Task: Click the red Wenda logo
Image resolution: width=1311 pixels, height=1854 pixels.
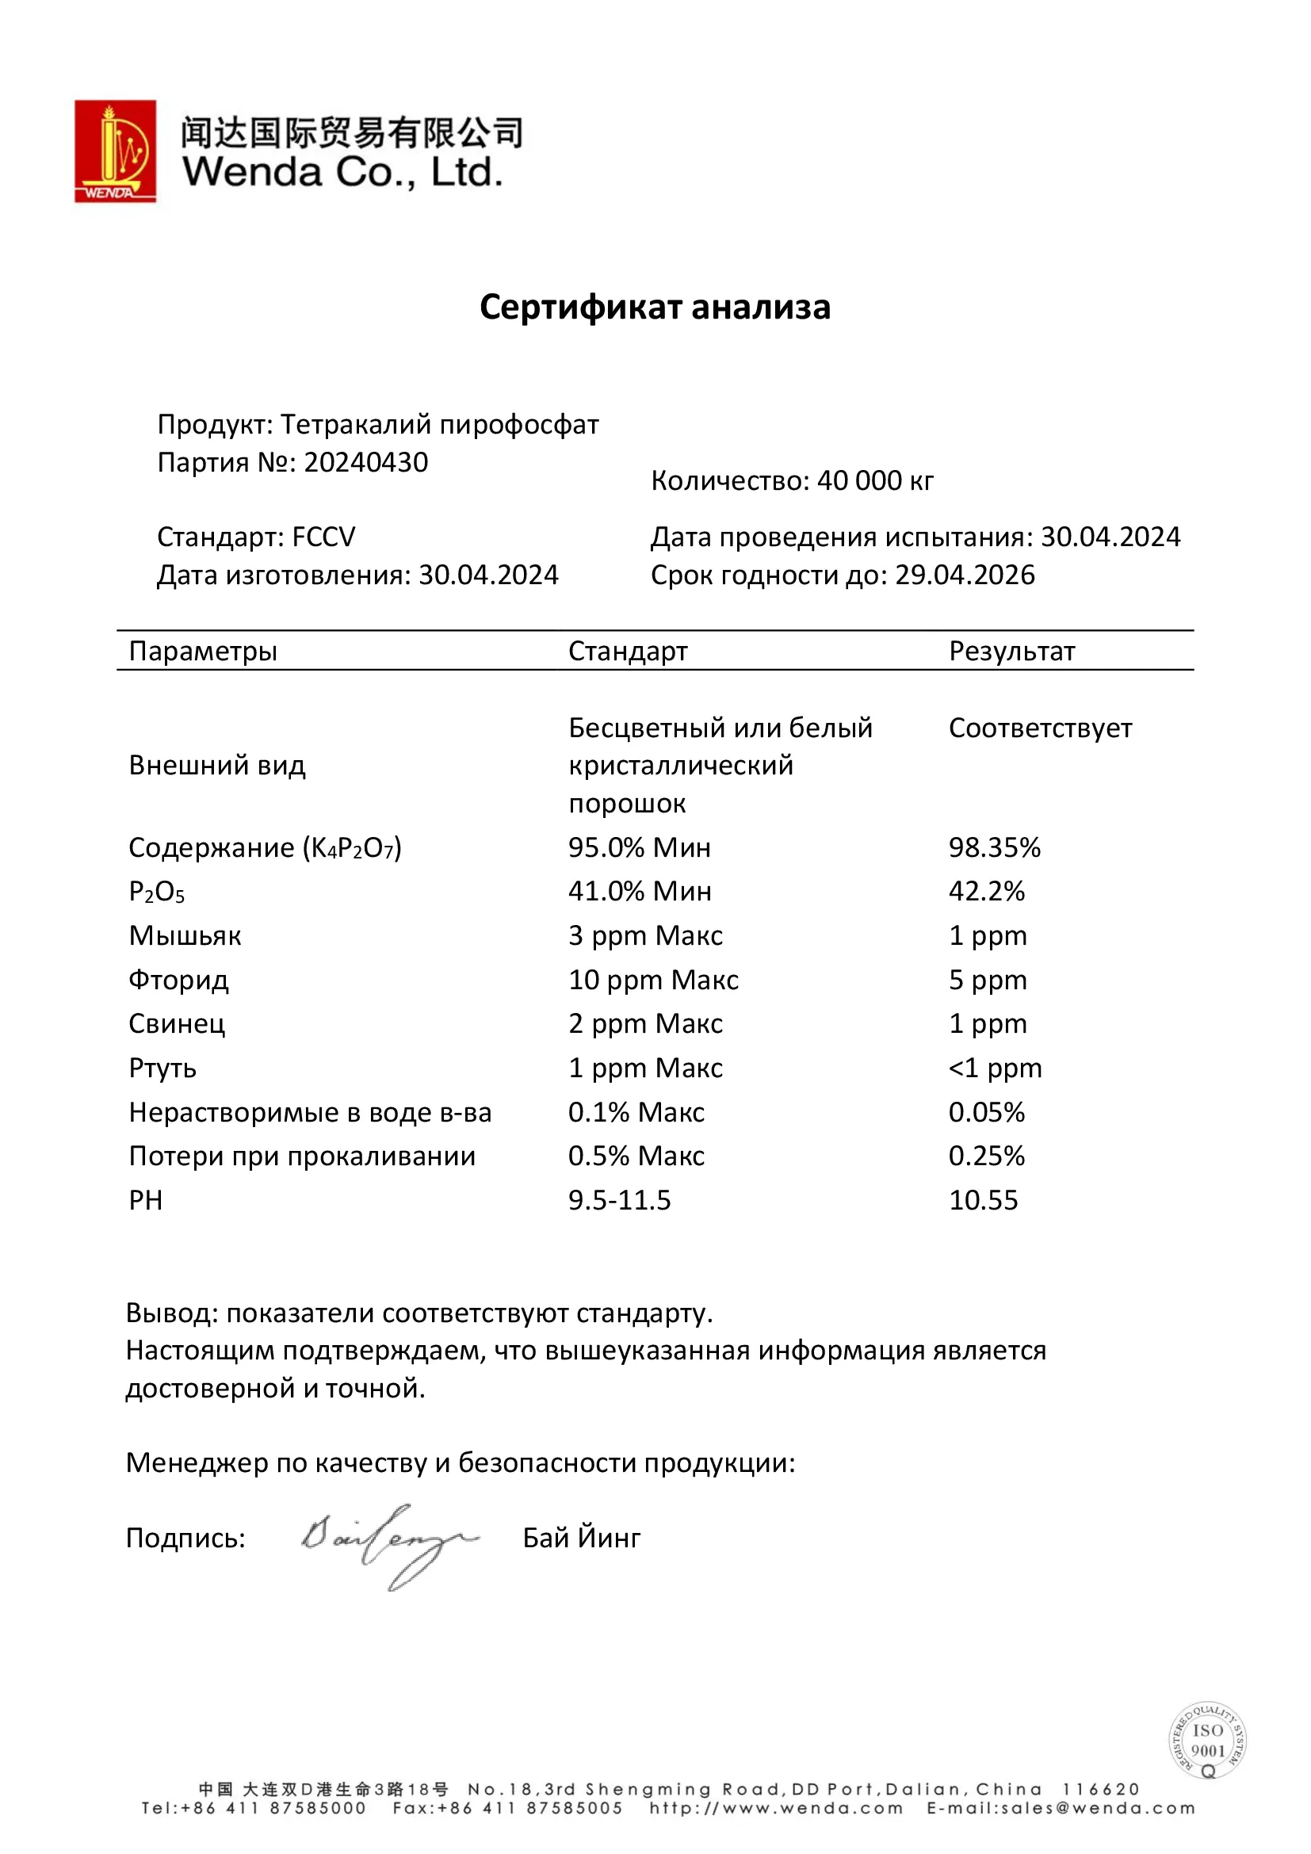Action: pos(116,151)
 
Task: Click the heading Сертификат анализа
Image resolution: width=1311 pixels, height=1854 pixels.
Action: pos(655,308)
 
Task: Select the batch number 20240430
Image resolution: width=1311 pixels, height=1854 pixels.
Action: pos(365,463)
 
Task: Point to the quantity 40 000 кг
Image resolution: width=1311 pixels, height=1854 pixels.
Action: pos(875,481)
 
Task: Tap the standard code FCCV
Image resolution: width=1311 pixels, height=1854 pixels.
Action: pos(323,537)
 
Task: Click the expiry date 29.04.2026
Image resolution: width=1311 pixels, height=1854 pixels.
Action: pos(965,575)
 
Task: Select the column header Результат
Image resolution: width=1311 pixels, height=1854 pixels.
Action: pos(1011,651)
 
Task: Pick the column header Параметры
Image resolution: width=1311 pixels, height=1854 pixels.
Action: pos(203,651)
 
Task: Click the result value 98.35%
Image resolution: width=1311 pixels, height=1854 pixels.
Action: pos(995,847)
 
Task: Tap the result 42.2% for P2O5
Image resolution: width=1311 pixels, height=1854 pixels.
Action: pos(987,892)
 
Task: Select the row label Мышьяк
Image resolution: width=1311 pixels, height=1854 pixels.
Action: pos(185,936)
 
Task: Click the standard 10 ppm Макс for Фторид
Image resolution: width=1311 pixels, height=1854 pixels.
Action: pos(653,981)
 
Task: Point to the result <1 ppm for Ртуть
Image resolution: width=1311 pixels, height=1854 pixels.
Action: pos(996,1068)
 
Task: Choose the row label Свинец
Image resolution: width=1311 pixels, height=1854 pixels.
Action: pos(177,1024)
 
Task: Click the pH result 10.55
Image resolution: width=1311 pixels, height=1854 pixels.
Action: pos(983,1201)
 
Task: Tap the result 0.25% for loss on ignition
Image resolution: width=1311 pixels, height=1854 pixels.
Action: pos(987,1156)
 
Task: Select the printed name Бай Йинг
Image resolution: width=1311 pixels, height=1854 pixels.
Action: pos(581,1539)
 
